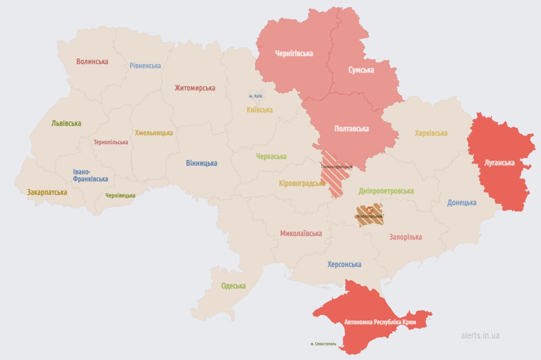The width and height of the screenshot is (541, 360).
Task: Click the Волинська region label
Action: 92,61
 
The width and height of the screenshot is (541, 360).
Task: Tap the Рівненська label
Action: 145,66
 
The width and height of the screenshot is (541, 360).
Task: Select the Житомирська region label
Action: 195,88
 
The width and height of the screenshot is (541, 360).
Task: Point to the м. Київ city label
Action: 256,96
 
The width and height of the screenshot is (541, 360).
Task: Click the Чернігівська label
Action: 294,53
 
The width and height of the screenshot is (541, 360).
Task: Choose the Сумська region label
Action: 361,70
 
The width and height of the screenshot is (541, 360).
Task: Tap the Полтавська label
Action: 351,128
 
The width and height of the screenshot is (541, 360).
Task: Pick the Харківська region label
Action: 431,133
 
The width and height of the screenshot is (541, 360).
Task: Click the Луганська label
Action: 499,163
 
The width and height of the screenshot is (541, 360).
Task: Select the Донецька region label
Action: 461,202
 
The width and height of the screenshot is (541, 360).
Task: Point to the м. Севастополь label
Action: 329,344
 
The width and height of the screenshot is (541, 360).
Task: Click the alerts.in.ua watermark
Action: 480,335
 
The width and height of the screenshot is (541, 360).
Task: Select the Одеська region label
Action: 233,286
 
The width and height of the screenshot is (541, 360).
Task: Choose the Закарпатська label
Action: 47,192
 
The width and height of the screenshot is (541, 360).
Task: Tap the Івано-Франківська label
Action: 90,175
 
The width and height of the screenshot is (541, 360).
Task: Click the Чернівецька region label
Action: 120,195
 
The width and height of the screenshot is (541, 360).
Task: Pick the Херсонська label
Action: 344,264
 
